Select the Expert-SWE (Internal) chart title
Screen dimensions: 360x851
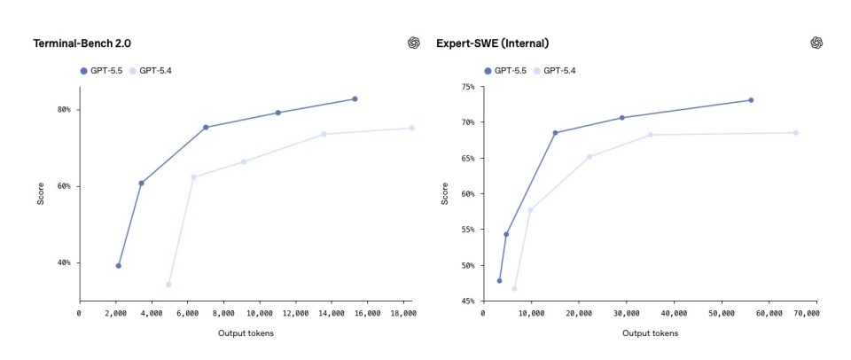point(492,43)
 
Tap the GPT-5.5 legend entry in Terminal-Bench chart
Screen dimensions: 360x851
point(103,70)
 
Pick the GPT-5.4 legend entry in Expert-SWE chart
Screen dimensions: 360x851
point(554,70)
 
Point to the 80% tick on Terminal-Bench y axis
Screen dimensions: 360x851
point(64,110)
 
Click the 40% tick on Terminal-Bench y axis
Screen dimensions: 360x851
point(64,262)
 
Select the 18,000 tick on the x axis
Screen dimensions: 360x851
point(403,313)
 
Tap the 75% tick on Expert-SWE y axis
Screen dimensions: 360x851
point(467,87)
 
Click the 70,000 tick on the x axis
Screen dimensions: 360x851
point(805,313)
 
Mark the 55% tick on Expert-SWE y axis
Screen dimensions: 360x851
point(467,230)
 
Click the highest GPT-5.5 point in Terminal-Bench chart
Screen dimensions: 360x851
point(355,99)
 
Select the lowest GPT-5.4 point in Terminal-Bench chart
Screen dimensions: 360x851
point(168,285)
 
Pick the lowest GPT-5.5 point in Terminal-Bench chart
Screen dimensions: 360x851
point(118,265)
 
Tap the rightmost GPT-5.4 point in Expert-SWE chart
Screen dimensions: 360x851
point(795,133)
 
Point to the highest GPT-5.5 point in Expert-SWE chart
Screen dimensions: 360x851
point(751,100)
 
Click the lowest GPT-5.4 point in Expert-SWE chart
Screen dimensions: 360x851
point(514,288)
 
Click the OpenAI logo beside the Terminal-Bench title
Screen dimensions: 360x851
point(413,43)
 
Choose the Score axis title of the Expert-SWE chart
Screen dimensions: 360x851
point(445,193)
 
